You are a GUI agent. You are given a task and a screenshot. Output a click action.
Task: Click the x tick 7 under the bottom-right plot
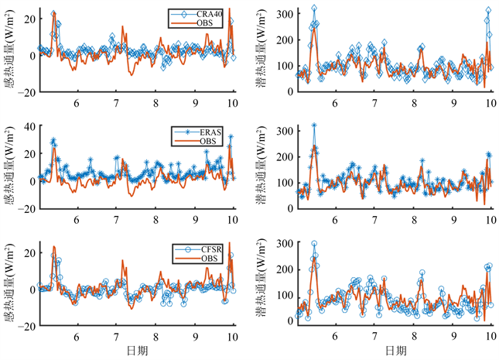(x=374, y=337)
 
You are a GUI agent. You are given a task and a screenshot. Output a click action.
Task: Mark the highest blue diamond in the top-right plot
(x=313, y=9)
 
